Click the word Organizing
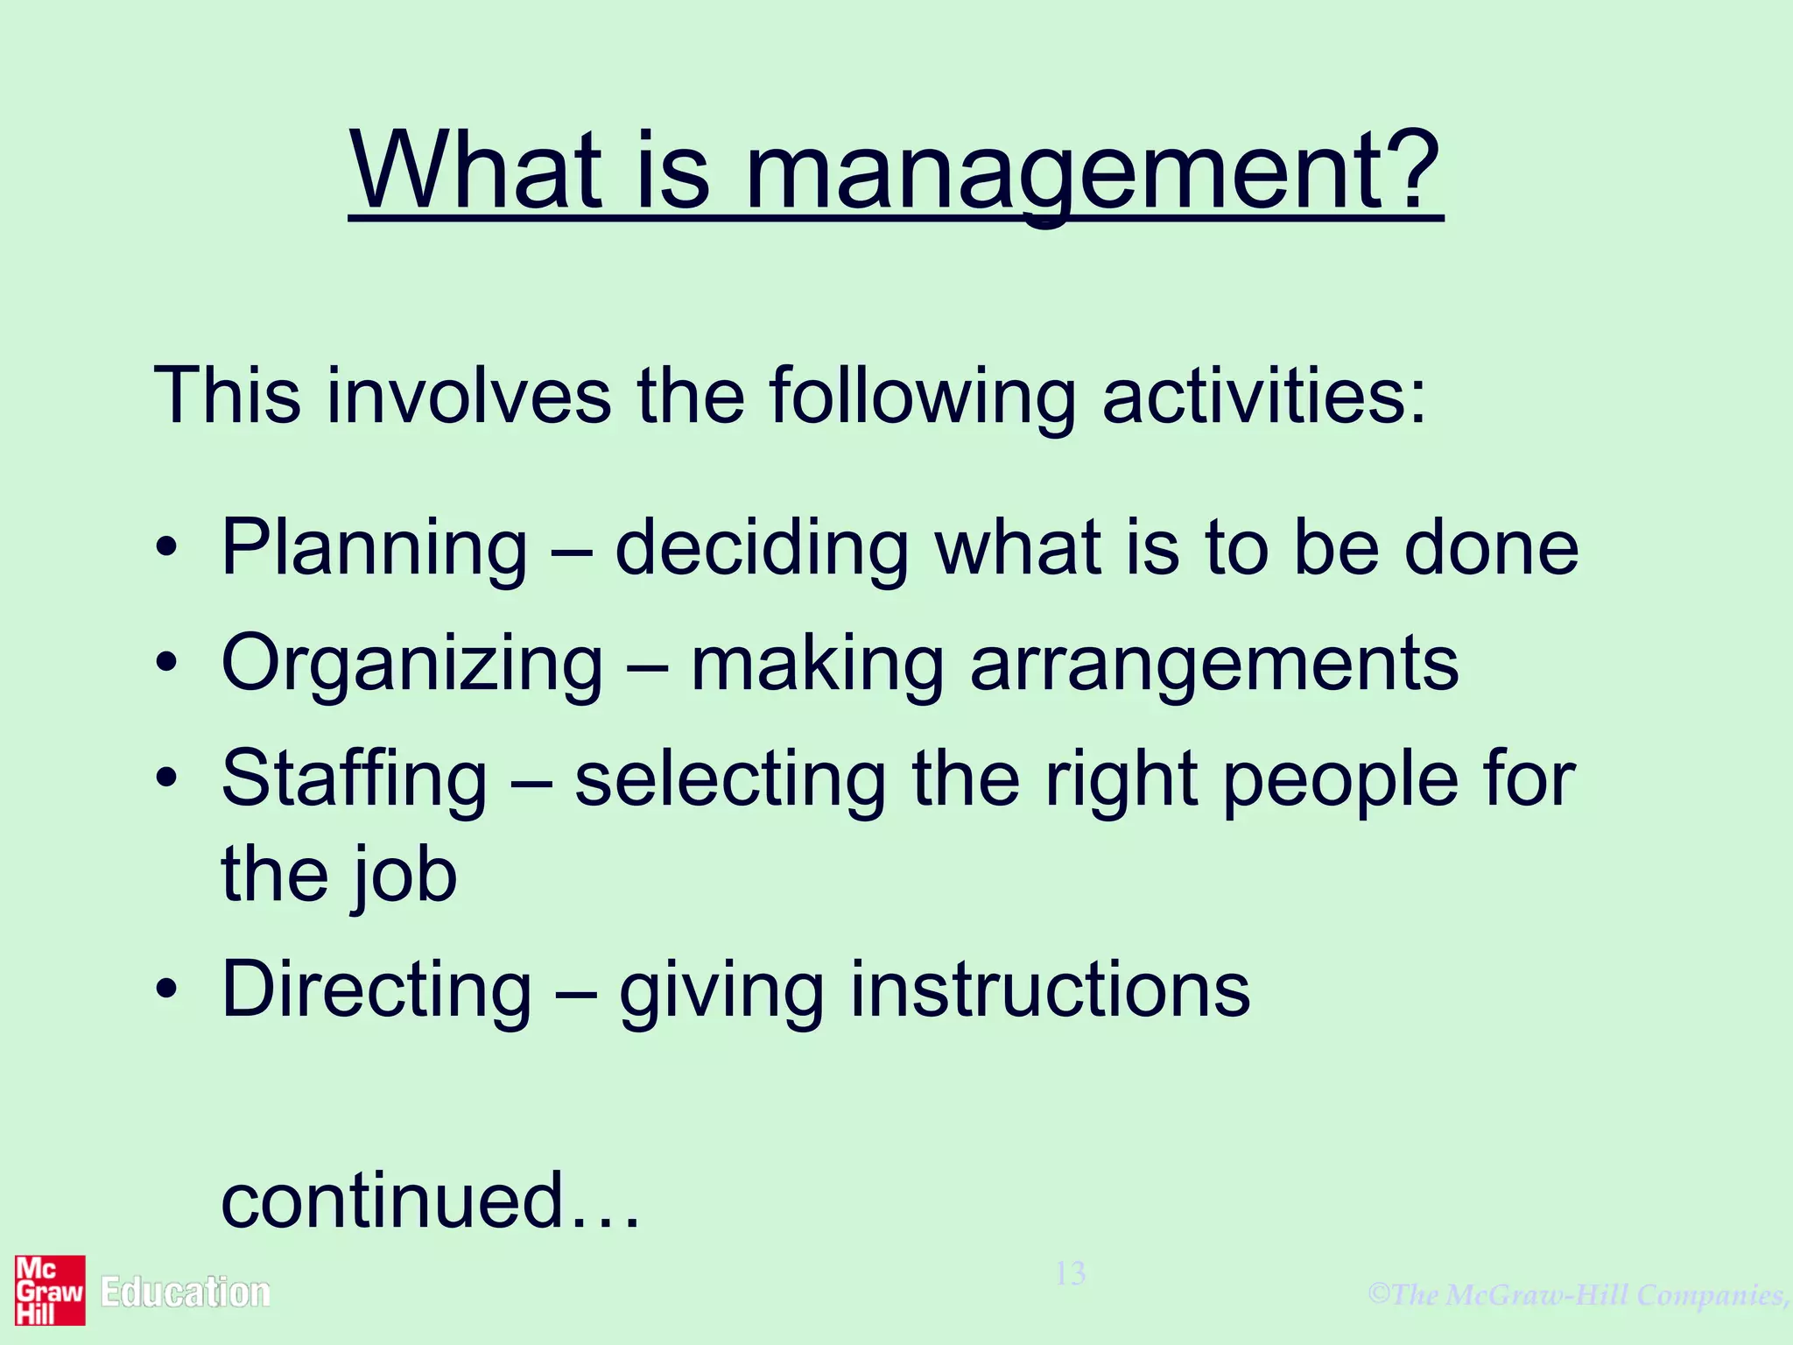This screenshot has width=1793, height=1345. (x=411, y=665)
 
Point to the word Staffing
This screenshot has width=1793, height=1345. (x=354, y=778)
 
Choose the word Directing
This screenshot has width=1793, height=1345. (x=376, y=990)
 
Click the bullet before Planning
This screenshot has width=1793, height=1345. (x=166, y=550)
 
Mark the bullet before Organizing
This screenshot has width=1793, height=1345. (x=166, y=665)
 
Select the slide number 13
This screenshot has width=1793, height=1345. (x=1070, y=1273)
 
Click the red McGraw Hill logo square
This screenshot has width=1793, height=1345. (x=50, y=1290)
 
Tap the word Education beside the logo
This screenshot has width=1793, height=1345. (x=185, y=1292)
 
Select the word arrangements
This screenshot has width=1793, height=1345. (x=1214, y=665)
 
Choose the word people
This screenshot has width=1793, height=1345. (x=1339, y=778)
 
